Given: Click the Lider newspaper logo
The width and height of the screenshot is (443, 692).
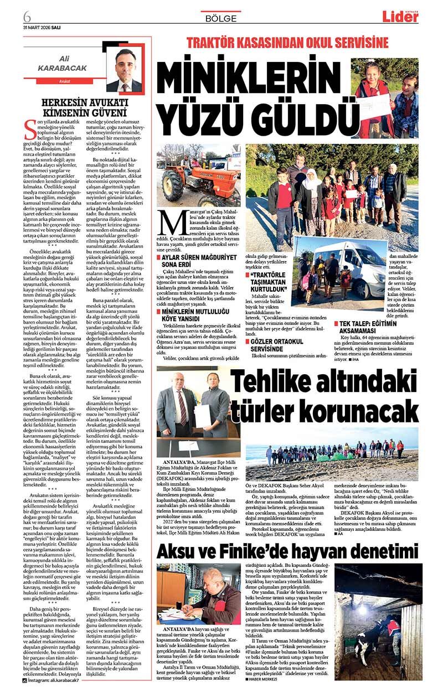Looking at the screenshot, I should tap(400, 17).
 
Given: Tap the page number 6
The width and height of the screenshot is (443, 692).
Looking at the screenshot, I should tap(27, 16).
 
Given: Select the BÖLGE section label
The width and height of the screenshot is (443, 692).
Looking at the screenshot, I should tap(221, 18).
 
